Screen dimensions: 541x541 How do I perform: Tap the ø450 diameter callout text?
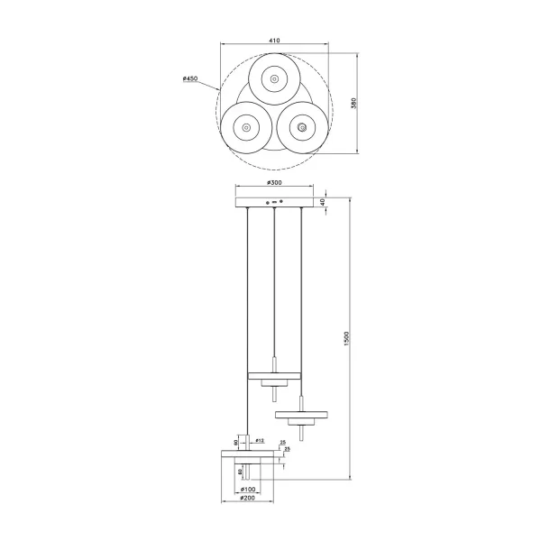[x=189, y=79]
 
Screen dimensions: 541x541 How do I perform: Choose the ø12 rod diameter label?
[x=258, y=441]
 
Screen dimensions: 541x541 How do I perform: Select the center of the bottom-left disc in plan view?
[x=243, y=130]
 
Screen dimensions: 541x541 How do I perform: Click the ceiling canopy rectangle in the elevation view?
[x=274, y=201]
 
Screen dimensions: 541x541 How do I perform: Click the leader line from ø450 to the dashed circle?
[x=207, y=86]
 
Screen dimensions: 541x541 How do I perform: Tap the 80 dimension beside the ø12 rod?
[x=236, y=442]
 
